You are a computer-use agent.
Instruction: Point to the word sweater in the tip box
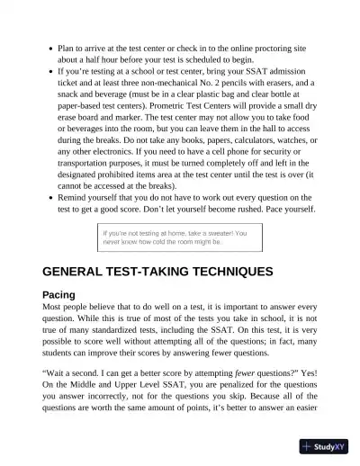[216, 232]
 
